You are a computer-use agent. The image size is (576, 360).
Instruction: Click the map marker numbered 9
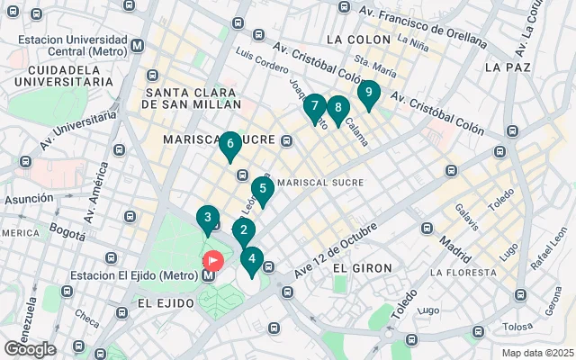[367, 93]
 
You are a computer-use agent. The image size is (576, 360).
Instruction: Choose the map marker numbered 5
[262, 190]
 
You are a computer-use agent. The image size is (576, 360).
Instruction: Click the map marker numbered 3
[208, 219]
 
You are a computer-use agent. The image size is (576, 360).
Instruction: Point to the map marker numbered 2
[243, 230]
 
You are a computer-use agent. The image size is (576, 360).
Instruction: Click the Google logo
[30, 349]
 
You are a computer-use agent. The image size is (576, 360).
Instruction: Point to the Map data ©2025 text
[537, 353]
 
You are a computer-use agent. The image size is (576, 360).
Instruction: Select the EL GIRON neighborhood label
[353, 268]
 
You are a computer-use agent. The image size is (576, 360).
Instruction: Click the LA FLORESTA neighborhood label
[463, 271]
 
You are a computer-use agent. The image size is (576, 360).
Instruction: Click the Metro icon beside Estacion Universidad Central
[137, 45]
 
